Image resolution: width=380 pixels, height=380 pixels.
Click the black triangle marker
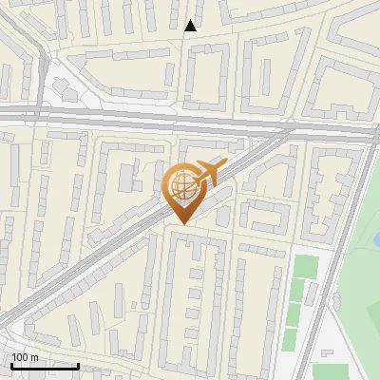tap(191, 26)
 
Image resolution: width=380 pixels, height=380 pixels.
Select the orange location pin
tap(183, 189)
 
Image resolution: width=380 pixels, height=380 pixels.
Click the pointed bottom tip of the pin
tap(182, 223)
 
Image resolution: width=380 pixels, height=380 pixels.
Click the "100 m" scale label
tap(26, 357)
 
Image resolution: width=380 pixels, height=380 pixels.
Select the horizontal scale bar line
tap(45, 365)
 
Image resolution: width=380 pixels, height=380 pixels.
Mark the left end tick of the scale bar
tap(11, 364)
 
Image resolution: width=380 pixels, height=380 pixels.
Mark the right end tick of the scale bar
tap(78, 364)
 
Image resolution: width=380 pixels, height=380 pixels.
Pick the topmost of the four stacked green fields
tap(303, 266)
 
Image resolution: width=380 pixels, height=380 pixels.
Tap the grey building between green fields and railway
tap(333, 301)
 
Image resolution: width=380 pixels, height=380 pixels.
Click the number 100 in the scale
tap(20, 357)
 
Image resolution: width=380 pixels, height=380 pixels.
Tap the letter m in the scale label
tap(36, 357)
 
